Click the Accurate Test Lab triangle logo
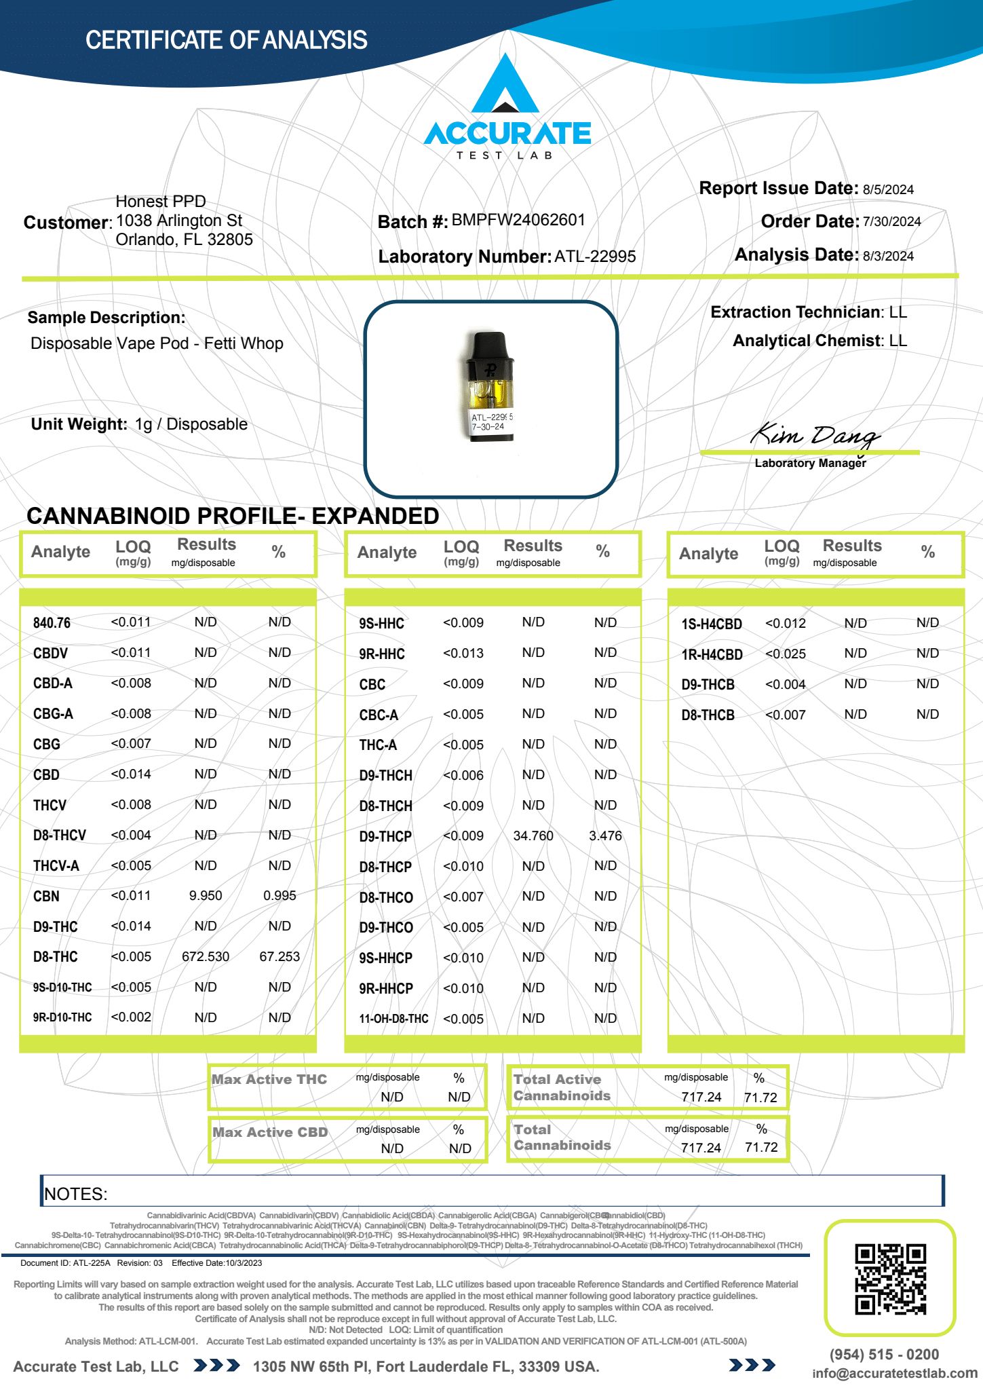coord(505,86)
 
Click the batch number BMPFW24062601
coord(518,220)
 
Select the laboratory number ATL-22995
coord(595,257)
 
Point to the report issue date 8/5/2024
coord(888,189)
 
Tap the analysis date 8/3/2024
coord(888,256)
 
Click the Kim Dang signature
coord(814,434)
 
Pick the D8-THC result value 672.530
coord(206,956)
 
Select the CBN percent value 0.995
coord(280,895)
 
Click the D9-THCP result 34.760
coord(533,835)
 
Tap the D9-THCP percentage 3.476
coord(605,835)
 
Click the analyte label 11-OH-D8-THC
coord(393,1019)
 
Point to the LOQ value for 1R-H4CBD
coord(785,654)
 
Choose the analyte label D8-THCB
coord(708,715)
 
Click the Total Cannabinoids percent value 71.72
coord(760,1147)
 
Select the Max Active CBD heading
coord(270,1132)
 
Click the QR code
coord(890,1279)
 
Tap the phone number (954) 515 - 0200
coord(884,1355)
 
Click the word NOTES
coord(75,1194)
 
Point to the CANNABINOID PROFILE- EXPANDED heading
coord(233,516)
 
